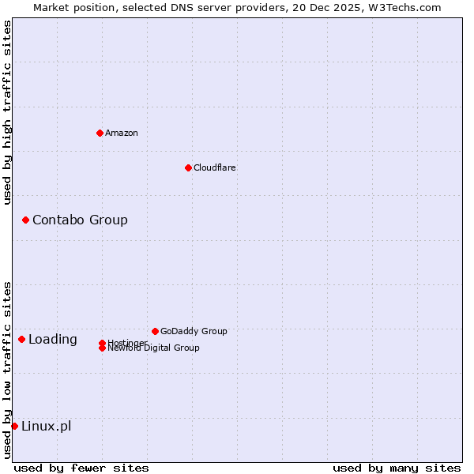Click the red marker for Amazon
[100, 133]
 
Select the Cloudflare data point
[188, 167]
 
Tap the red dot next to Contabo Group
[25, 220]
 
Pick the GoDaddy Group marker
[155, 331]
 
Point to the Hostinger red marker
[102, 343]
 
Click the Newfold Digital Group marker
[102, 348]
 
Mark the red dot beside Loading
[21, 339]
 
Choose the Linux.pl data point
[14, 426]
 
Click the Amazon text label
[121, 133]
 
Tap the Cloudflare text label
[214, 167]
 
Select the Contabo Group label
[80, 220]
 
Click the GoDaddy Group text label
[194, 331]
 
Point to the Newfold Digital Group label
[153, 348]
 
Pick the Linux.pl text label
[46, 426]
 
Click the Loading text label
[53, 339]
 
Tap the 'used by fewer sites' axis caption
[81, 468]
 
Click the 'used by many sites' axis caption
[397, 468]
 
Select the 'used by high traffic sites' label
[7, 112]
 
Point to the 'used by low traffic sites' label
[7, 370]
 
